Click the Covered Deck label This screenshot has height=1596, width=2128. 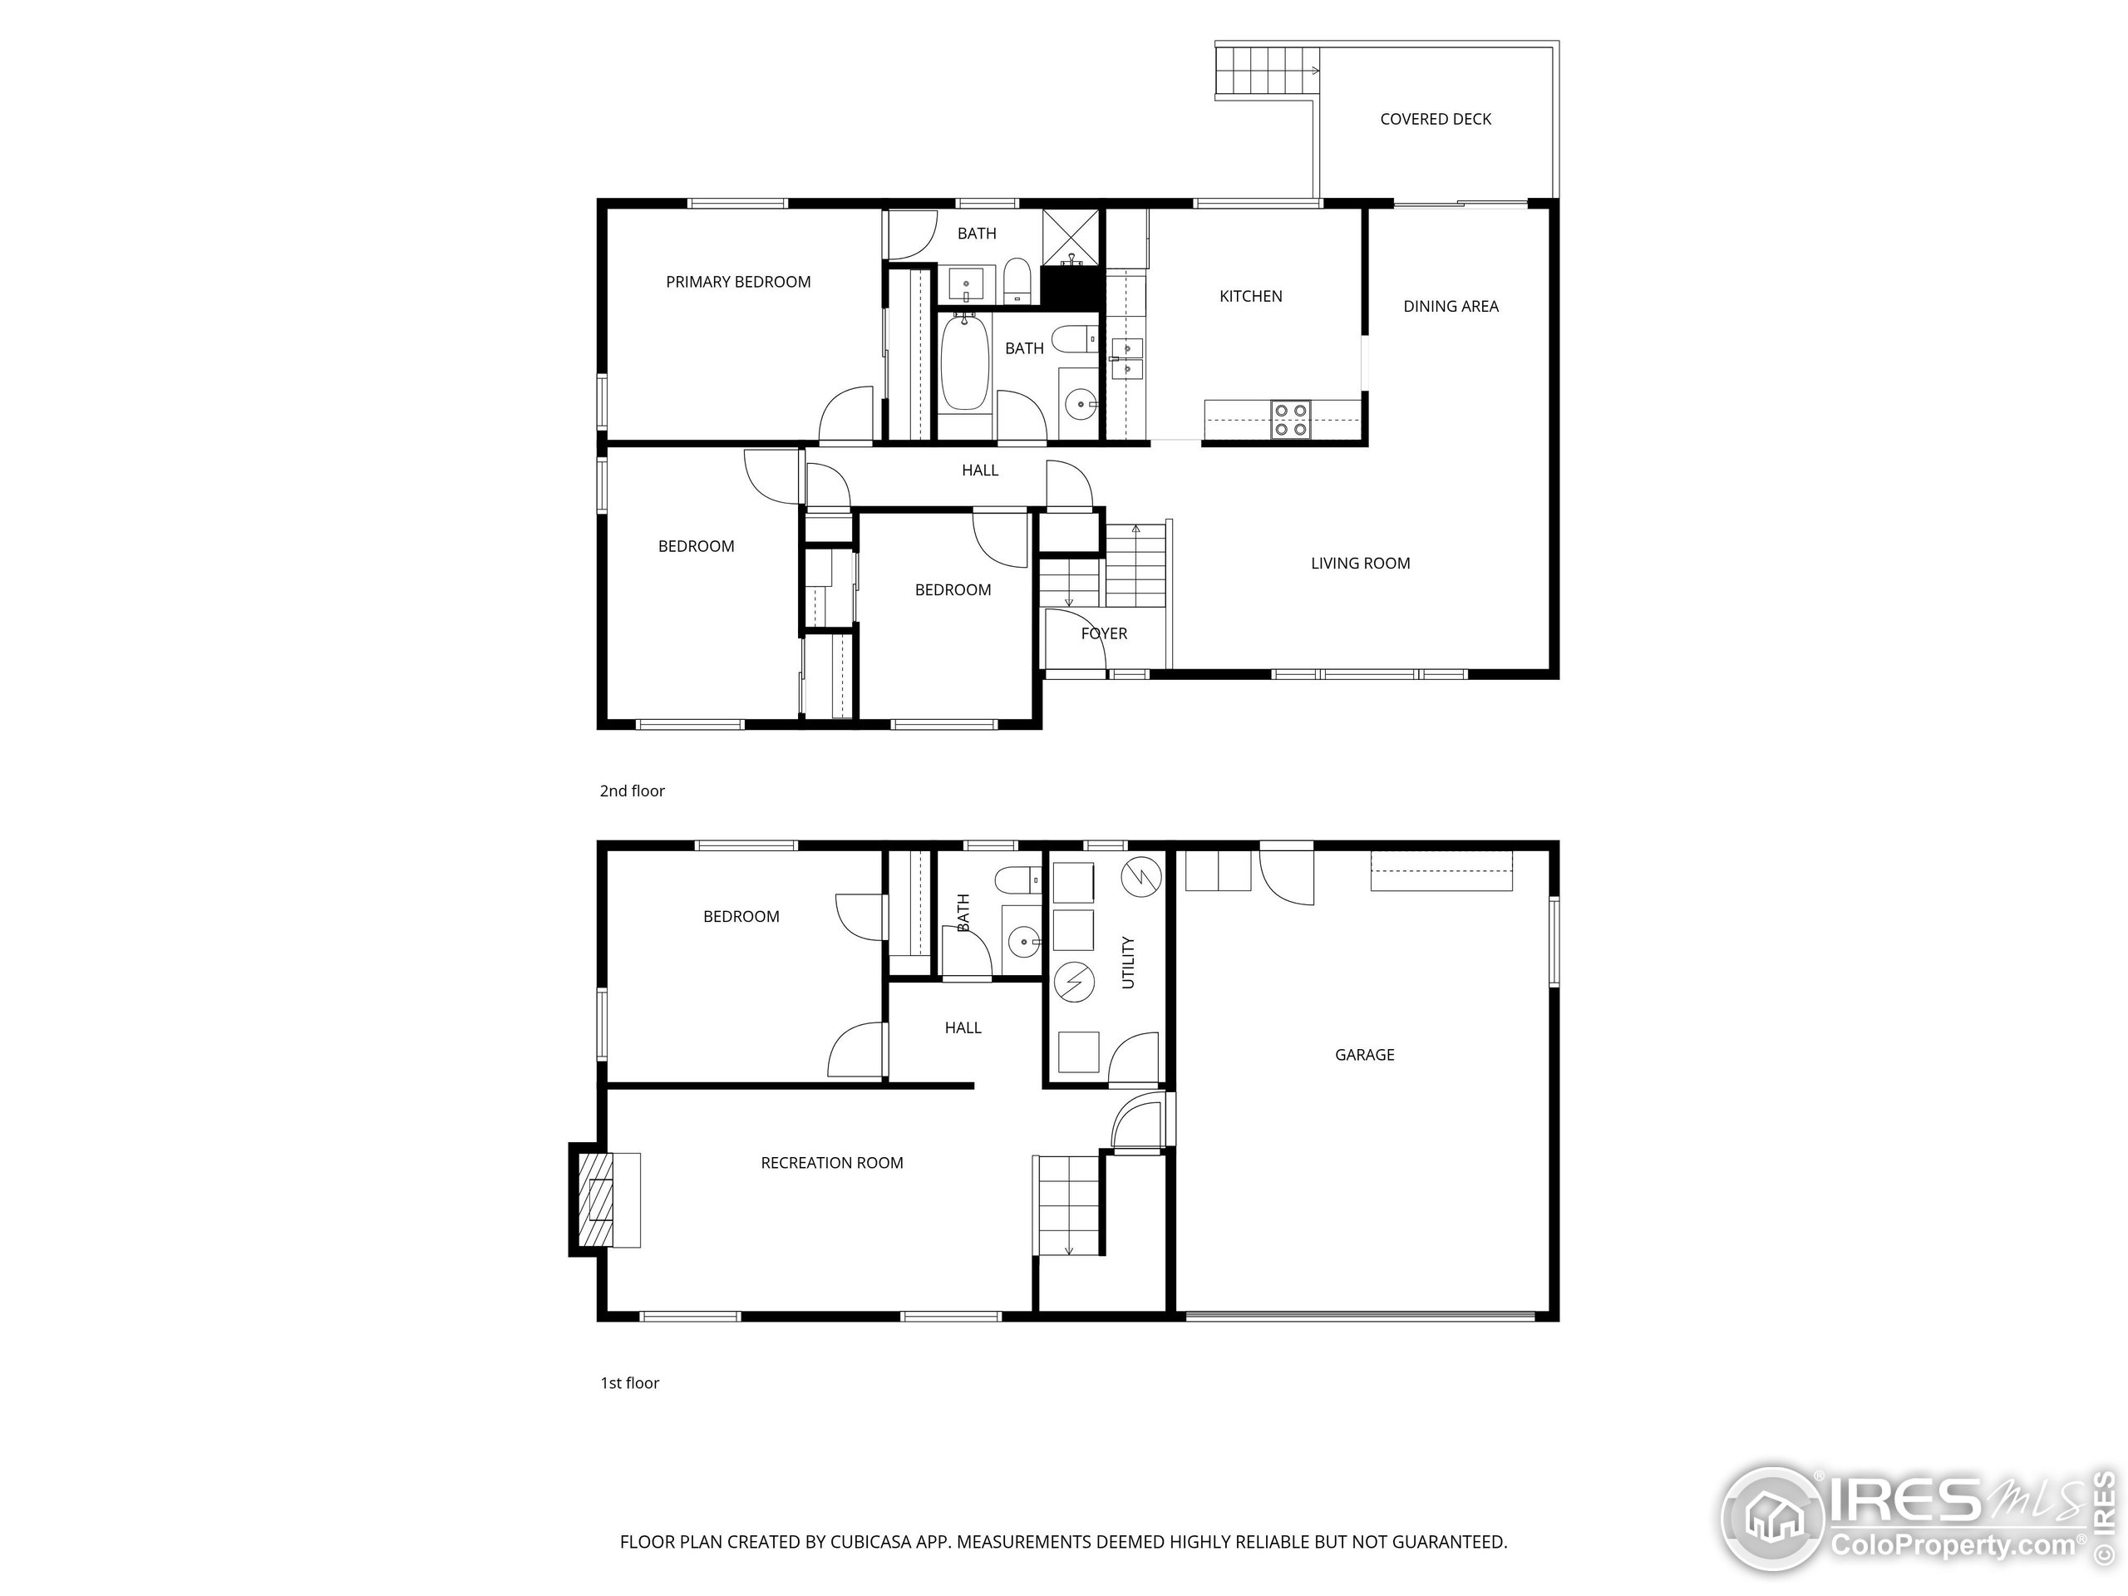click(x=1435, y=120)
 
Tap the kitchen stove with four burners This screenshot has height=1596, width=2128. click(x=1290, y=420)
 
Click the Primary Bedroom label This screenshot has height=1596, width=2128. click(x=738, y=282)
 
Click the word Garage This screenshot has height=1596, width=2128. click(x=1363, y=1054)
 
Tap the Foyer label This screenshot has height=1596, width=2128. click(x=1103, y=633)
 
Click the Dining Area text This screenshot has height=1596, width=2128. click(x=1450, y=306)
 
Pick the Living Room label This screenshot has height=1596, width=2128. click(x=1359, y=563)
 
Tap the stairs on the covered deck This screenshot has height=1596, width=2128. click(x=1263, y=70)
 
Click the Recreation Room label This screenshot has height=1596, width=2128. click(x=831, y=1162)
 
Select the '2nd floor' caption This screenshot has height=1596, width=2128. click(x=632, y=791)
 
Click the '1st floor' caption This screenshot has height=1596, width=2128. click(x=629, y=1382)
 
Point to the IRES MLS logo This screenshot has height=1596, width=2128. click(x=1914, y=1520)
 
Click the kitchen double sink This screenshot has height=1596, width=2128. click(x=1126, y=358)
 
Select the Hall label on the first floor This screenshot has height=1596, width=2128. click(x=962, y=1027)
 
